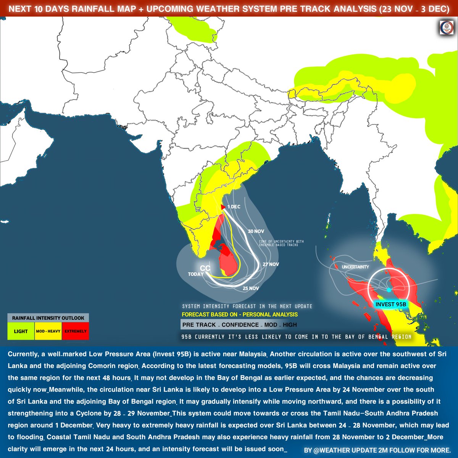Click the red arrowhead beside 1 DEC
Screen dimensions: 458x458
point(223,207)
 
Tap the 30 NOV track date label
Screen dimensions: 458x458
point(256,231)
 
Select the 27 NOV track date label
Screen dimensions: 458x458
point(271,264)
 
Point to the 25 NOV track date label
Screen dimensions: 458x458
point(251,289)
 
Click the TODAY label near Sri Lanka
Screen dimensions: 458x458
point(196,274)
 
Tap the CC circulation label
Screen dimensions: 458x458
point(205,268)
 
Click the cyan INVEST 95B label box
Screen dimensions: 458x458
point(390,304)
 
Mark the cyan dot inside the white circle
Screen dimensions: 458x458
point(389,290)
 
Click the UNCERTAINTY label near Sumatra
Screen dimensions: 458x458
point(355,267)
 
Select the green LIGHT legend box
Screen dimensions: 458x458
point(21,331)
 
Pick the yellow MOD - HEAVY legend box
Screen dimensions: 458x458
point(48,331)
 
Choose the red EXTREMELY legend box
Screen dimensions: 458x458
point(76,331)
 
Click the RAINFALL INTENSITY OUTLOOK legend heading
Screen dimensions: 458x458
point(48,318)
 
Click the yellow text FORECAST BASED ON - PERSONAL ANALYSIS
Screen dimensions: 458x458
point(240,315)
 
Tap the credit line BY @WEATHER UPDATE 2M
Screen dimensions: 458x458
point(377,450)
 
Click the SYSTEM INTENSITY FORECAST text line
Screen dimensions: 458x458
point(247,306)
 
